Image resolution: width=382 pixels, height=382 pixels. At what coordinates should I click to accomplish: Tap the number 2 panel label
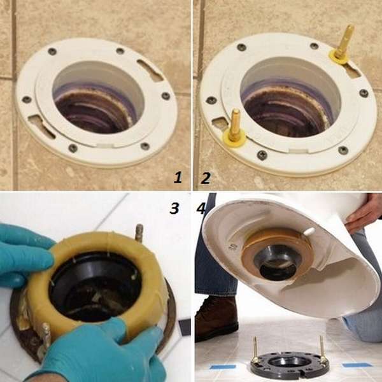(x=205, y=178)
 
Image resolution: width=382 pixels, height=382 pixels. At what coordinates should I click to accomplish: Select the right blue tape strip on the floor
(x=357, y=365)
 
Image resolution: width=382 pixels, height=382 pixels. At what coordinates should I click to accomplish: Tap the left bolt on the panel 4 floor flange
(x=255, y=350)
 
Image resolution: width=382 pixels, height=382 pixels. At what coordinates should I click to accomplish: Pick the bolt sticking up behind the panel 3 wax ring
(x=139, y=232)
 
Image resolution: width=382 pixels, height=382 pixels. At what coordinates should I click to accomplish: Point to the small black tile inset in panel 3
(x=184, y=327)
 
